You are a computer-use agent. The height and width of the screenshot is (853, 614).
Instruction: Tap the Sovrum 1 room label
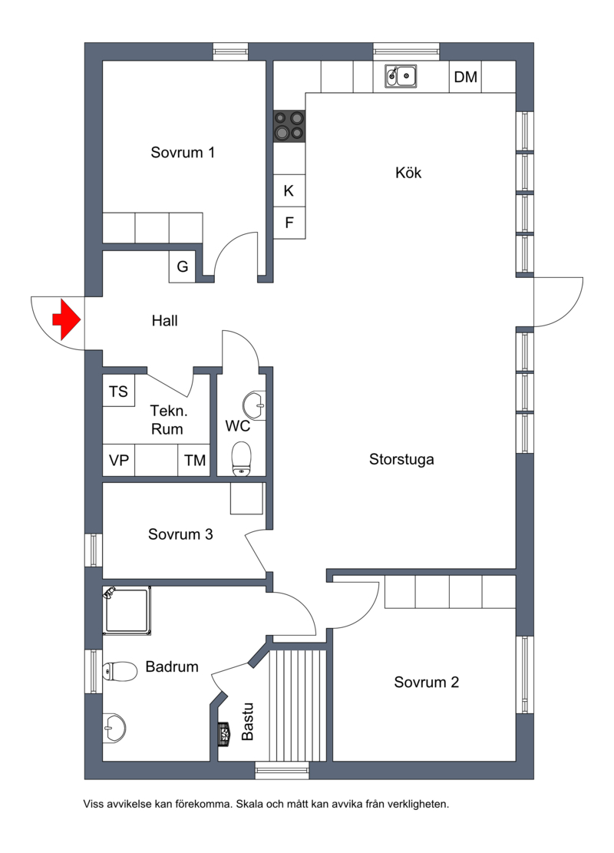[183, 152]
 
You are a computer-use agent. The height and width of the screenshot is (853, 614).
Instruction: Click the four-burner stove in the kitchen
[289, 125]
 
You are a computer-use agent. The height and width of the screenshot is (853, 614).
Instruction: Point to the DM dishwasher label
[466, 78]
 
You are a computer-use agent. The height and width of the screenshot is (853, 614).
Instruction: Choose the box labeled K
[289, 190]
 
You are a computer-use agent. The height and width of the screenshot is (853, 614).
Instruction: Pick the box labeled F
[289, 223]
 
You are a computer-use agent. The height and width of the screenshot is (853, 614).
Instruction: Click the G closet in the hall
[182, 266]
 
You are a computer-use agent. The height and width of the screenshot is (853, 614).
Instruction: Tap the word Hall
[165, 321]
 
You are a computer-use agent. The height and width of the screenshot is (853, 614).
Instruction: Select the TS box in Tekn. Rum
[118, 391]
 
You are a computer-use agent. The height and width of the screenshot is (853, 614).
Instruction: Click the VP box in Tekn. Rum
[118, 460]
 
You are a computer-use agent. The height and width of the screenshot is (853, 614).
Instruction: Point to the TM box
[194, 460]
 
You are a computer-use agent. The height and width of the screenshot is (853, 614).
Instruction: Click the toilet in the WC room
[242, 458]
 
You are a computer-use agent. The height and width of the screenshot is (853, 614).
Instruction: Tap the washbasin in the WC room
[254, 405]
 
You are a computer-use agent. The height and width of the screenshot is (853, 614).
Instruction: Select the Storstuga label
[401, 459]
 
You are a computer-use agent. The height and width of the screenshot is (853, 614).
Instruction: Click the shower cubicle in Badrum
[127, 610]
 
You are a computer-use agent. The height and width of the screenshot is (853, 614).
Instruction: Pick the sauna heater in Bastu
[223, 733]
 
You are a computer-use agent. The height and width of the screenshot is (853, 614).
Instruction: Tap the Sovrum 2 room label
[427, 683]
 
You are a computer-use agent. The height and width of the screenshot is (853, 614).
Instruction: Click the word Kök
[408, 173]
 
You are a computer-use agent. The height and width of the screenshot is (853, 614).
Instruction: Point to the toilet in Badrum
[120, 672]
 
